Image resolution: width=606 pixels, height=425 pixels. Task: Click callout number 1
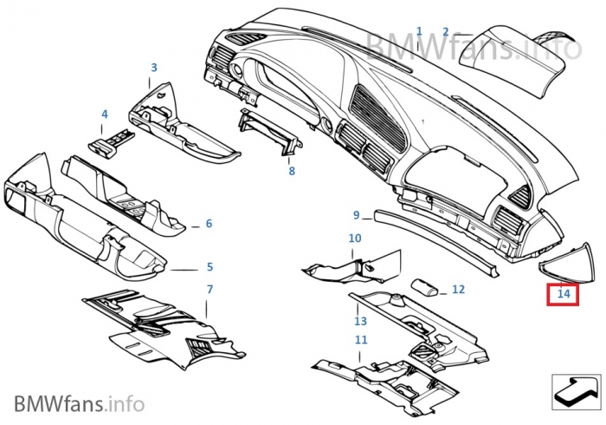420,31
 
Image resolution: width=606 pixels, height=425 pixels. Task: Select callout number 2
446,32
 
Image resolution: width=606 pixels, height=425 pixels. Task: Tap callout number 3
154,68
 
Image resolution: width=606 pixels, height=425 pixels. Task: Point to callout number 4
105,114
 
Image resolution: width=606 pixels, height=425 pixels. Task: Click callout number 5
210,266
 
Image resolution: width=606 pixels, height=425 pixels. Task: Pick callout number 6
209,223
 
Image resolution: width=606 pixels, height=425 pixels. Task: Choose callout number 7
210,289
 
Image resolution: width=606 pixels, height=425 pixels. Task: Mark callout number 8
292,171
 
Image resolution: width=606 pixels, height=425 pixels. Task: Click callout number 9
357,215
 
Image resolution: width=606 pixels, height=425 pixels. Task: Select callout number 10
355,238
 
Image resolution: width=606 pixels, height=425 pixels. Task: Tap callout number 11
361,339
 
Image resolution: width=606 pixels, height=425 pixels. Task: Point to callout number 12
458,289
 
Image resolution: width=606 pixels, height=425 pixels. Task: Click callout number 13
360,321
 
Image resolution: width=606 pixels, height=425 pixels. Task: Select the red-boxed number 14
564,294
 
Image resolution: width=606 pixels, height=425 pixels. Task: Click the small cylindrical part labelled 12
424,287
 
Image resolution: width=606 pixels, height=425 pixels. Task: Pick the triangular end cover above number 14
567,265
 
